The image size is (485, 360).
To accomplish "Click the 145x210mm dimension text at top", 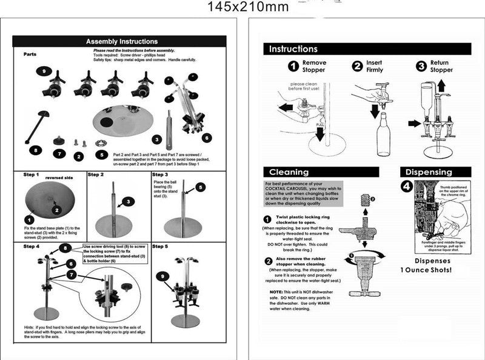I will coord(247,7).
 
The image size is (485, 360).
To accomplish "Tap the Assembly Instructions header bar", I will coord(122,41).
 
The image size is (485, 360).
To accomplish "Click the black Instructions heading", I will coord(293,49).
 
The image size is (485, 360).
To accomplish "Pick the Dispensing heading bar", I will coord(429,172).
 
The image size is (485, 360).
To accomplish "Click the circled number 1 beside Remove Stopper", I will coord(293,66).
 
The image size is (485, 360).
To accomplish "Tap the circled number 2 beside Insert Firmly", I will coord(357,66).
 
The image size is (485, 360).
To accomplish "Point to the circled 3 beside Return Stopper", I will coord(421,66).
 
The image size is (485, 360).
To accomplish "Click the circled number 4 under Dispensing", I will coord(407,187).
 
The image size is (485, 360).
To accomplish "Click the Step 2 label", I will coord(96,175).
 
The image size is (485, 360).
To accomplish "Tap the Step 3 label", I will coord(159,175).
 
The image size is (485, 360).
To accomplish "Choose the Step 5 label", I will coord(160,246).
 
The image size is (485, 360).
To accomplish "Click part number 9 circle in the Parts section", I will coord(43,72).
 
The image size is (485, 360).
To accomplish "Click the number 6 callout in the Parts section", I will coord(207,138).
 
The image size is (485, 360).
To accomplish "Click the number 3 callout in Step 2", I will coord(128,201).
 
